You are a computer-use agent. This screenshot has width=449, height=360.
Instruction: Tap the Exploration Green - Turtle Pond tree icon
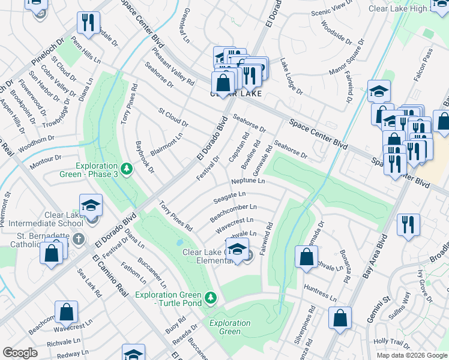[x=210, y=297]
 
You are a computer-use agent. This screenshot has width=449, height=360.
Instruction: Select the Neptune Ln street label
[x=247, y=181]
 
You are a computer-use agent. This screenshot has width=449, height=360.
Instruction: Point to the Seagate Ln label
[x=230, y=194]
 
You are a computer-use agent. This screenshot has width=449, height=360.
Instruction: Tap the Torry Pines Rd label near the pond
[x=175, y=216]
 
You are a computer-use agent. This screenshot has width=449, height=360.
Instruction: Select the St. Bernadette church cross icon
[x=77, y=239]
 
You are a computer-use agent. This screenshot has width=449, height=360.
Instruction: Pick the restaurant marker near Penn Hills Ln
[x=88, y=23]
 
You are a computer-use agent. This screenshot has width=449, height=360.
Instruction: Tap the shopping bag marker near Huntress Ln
[x=306, y=257]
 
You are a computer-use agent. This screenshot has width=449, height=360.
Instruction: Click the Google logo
[x=20, y=353]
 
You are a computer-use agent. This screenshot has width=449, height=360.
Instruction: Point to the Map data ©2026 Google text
[x=411, y=355]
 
